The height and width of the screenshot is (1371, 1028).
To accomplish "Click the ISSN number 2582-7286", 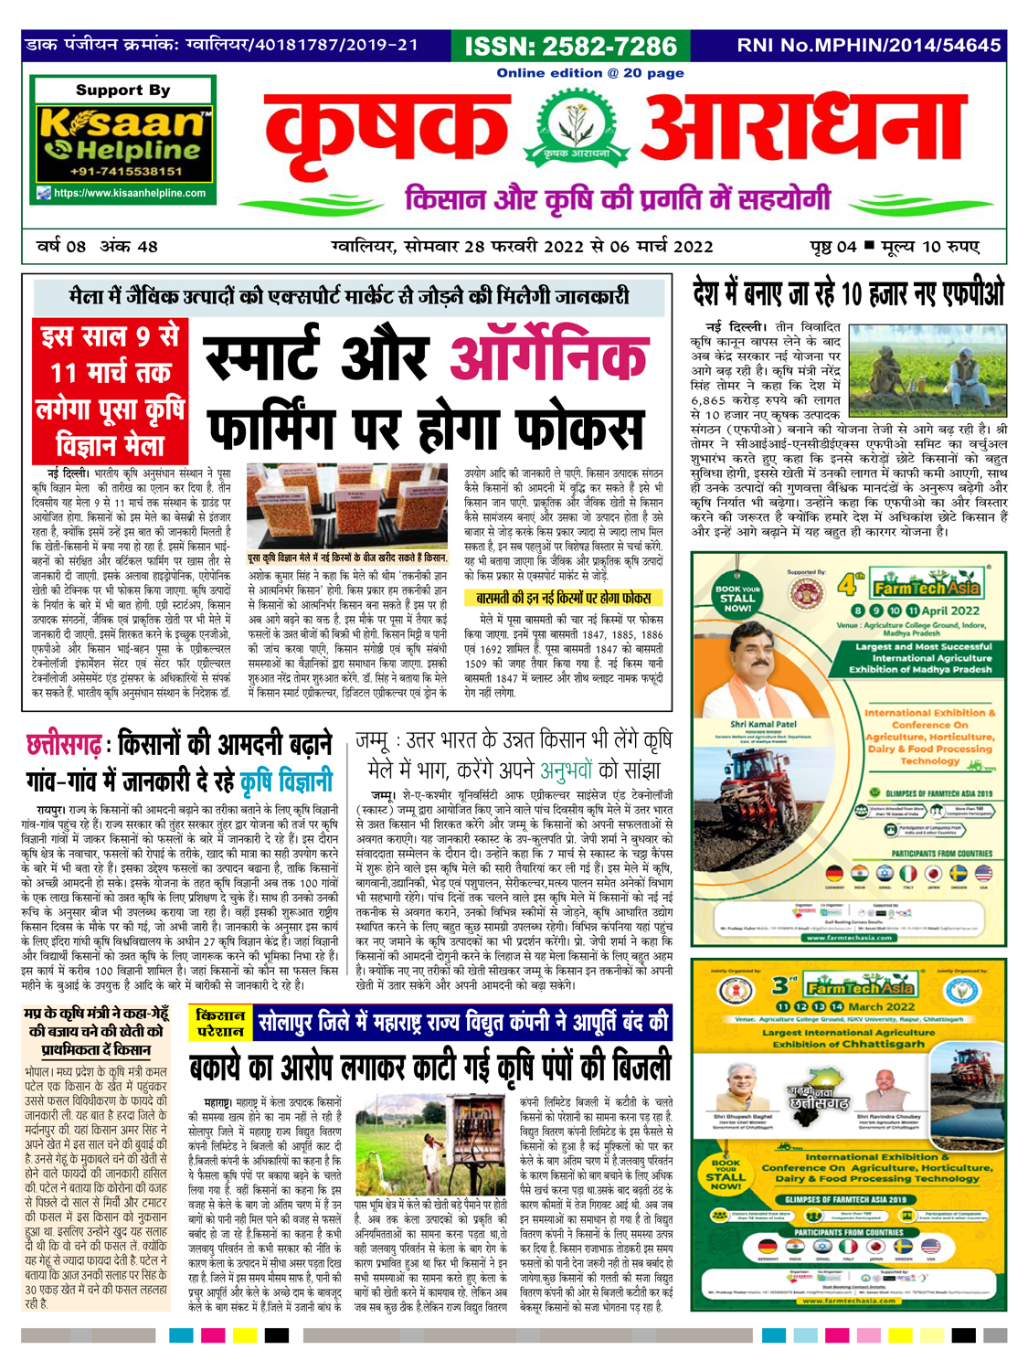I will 571,47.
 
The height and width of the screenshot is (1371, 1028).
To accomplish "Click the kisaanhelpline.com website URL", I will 129,193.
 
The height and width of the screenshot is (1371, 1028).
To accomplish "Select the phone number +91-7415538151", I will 125,171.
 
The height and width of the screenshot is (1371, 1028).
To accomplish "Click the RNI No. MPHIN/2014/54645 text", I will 868,45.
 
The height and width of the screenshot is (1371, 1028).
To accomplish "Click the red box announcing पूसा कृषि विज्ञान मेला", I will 110,390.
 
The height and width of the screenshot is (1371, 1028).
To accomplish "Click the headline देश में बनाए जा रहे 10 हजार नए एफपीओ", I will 847,294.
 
